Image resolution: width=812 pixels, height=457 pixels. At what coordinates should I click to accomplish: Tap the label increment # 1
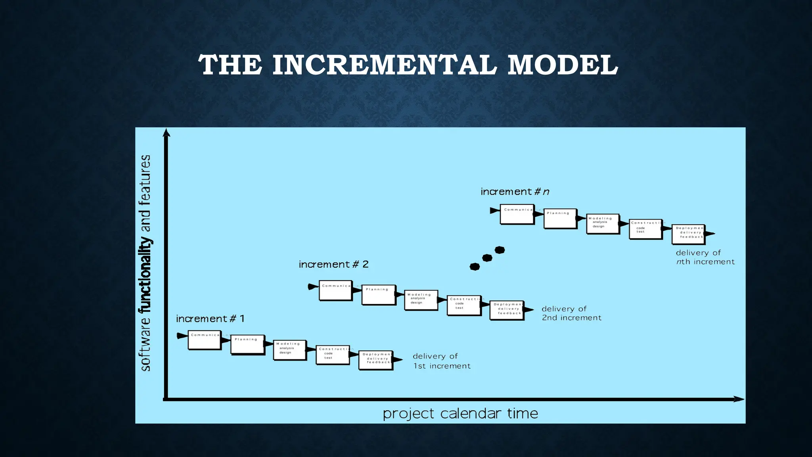click(210, 319)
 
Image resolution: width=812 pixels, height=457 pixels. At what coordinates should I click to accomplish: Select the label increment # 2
click(333, 264)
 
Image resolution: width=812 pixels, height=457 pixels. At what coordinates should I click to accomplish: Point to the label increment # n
click(515, 192)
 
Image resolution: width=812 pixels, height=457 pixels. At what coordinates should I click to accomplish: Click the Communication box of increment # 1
click(204, 340)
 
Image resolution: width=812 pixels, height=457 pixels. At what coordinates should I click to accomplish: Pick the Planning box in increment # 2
click(378, 295)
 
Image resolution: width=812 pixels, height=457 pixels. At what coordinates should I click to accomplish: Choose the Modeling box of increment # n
click(602, 223)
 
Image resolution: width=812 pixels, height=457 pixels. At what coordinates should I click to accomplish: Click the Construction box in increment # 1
click(332, 355)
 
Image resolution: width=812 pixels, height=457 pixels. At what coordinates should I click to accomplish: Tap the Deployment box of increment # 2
click(506, 310)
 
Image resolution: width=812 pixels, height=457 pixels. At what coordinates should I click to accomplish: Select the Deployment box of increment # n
click(688, 234)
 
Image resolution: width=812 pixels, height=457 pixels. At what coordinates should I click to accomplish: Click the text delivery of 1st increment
click(441, 361)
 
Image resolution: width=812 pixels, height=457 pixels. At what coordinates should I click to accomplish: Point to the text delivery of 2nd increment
click(571, 313)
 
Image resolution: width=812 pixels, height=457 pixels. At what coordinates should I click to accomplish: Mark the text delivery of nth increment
click(705, 257)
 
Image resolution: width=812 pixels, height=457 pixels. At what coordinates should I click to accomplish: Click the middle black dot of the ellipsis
click(487, 258)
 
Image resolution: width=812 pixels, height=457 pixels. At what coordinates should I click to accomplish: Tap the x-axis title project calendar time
click(460, 413)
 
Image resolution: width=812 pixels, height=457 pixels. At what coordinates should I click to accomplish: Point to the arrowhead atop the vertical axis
click(167, 133)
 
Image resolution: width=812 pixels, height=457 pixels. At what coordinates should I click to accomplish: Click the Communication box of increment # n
click(517, 214)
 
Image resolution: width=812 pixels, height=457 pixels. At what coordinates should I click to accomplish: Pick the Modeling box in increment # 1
click(289, 350)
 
